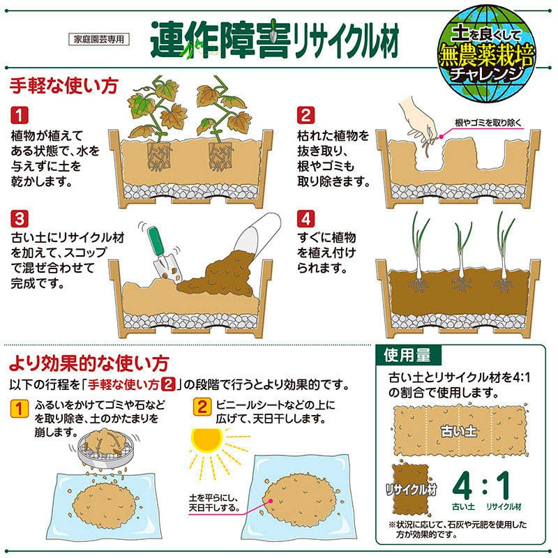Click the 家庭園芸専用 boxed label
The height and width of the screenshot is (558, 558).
(98, 39)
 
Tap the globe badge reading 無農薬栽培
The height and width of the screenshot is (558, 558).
(486, 53)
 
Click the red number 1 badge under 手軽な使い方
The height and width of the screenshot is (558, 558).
(20, 115)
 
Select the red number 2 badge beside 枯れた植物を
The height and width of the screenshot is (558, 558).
(306, 115)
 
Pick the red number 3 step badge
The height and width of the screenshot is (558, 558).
(20, 218)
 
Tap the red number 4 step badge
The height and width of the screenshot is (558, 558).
(306, 218)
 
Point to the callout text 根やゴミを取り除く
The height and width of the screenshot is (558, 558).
(488, 123)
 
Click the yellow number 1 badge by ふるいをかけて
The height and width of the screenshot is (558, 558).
(20, 408)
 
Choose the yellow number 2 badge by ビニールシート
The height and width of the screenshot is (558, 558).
(202, 407)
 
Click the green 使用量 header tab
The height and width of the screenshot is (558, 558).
(408, 355)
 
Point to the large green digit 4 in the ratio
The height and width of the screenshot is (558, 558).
(462, 485)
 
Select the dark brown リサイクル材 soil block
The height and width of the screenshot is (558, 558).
(411, 489)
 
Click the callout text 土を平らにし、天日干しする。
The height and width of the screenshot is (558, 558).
(214, 502)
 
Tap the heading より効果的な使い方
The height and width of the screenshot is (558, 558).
(89, 363)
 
